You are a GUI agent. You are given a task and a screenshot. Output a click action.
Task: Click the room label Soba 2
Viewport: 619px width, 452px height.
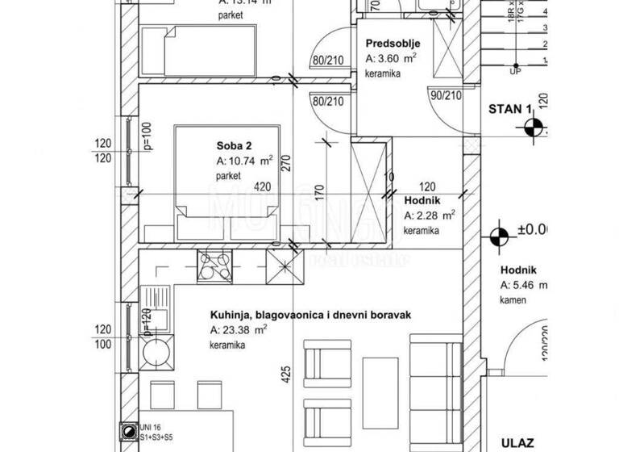coord(234,146)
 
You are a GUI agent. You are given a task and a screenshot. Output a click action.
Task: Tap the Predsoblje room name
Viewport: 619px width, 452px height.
coord(390,44)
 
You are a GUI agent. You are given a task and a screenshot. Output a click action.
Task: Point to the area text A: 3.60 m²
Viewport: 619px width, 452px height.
coord(392,59)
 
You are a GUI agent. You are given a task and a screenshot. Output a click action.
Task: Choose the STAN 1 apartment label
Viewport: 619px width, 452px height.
coord(509,109)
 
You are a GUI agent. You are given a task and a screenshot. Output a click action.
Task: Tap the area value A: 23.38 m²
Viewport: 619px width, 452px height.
coord(239,330)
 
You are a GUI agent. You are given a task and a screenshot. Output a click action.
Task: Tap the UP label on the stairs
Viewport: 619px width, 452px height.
coord(514,70)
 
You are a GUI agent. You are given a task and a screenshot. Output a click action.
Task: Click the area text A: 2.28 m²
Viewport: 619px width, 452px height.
coord(430,216)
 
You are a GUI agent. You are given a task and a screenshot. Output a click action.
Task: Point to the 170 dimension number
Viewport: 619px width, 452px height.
coord(320,194)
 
